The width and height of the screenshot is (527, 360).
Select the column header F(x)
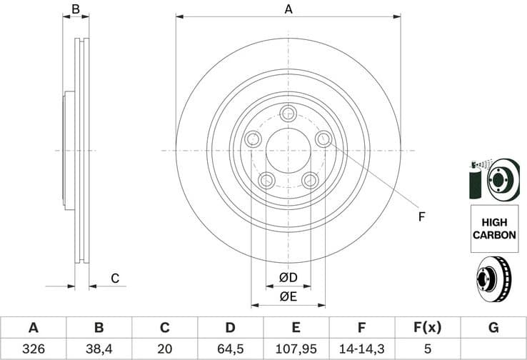(427, 328)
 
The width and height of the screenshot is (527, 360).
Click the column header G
(493, 328)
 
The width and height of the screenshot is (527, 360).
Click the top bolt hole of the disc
(288, 113)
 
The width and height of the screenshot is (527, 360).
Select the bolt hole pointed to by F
(323, 139)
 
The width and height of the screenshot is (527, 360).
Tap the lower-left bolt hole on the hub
(266, 180)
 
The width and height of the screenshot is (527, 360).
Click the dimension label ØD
(288, 277)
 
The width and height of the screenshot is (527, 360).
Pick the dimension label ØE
(288, 296)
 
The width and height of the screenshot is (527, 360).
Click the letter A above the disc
(288, 9)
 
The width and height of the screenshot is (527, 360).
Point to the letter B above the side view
(76, 9)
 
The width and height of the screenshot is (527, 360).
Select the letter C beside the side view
(114, 279)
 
